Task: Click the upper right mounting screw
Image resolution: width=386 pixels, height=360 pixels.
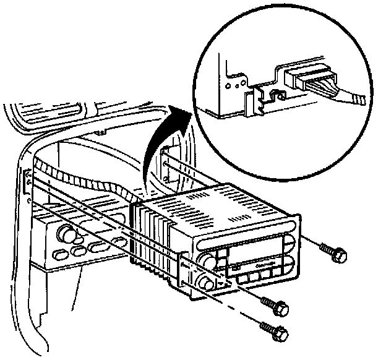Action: click(335, 252)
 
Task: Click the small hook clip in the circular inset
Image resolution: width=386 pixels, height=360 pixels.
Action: click(273, 93)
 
